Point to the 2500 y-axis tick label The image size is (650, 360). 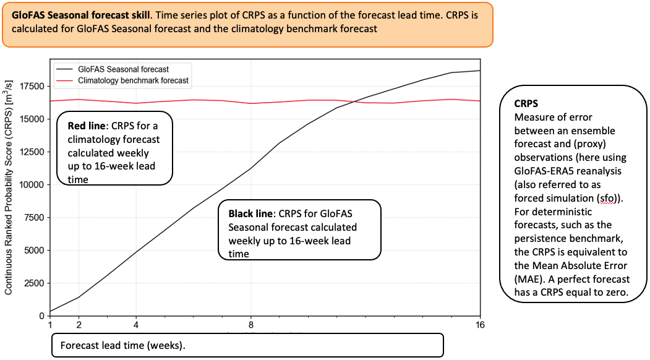(x=34, y=283)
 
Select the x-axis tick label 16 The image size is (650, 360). (x=480, y=325)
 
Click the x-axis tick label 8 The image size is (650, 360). (x=251, y=325)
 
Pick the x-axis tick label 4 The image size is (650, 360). (x=136, y=325)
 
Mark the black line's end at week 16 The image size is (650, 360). (x=480, y=71)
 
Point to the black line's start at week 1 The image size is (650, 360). (x=50, y=311)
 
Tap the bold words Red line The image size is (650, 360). (x=86, y=126)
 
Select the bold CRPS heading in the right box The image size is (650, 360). (x=526, y=104)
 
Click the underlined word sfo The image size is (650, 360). (x=607, y=199)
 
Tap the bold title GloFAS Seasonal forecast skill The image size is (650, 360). (x=81, y=15)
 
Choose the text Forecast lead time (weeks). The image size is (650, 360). (x=123, y=346)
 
